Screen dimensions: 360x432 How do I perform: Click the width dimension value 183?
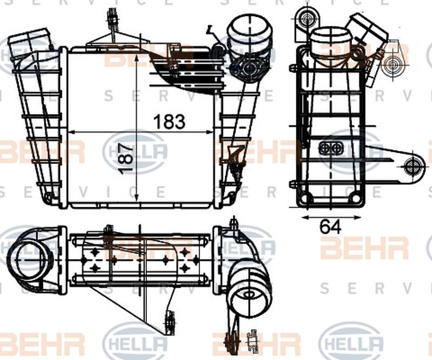click(169, 121)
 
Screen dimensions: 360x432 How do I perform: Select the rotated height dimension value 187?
click(125, 158)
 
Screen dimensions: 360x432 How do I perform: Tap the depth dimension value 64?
click(330, 227)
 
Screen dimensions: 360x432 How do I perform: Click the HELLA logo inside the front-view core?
click(135, 152)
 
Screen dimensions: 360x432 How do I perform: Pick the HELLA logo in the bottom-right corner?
click(351, 343)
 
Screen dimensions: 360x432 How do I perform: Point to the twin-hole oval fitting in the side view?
click(330, 148)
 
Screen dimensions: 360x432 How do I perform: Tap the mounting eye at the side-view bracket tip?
click(413, 166)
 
